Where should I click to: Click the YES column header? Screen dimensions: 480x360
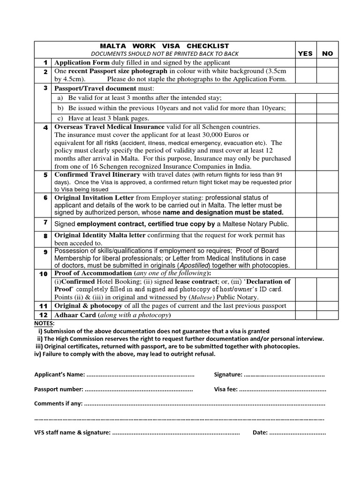305,53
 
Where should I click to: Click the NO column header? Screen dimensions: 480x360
327,53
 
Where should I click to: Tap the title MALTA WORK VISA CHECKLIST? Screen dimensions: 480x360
165,46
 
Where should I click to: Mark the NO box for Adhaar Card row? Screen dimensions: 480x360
327,315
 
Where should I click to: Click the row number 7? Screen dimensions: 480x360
45,222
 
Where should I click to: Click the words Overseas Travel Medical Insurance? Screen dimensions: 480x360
110,127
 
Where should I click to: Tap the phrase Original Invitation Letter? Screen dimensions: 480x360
94,197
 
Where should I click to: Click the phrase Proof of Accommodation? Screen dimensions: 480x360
93,273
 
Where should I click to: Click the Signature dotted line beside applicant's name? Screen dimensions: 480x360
285,375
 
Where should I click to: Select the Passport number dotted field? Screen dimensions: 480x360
139,389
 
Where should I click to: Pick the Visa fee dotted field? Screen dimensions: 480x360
283,389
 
